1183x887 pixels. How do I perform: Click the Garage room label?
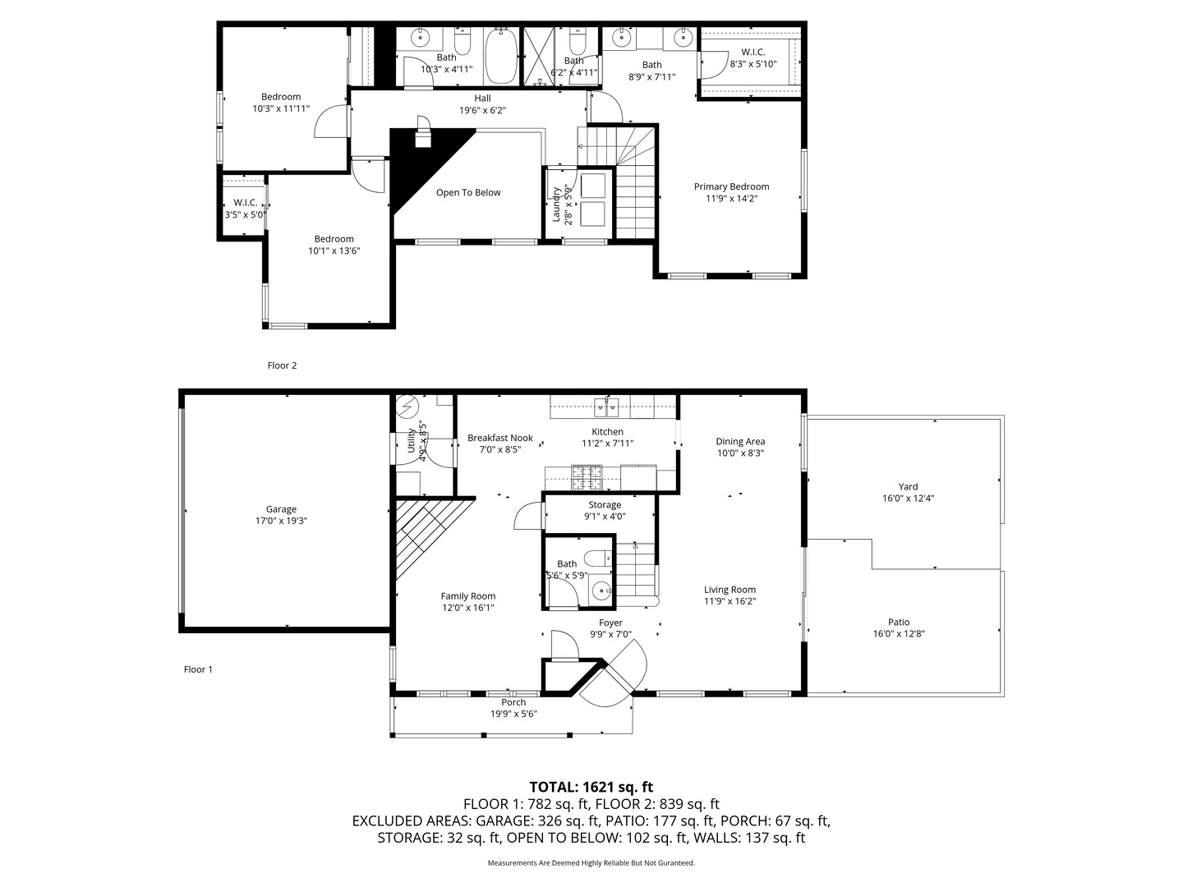281,509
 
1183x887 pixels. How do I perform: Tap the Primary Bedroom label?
731,186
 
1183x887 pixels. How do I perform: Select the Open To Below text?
468,193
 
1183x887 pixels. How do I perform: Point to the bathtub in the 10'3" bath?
501,56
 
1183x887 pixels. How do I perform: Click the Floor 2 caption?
282,365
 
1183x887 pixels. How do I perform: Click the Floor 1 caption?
198,669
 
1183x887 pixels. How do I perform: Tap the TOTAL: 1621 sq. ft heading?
591,787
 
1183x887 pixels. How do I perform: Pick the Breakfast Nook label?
500,438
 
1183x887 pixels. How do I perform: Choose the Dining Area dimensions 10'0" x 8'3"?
740,453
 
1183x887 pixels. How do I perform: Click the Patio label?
899,622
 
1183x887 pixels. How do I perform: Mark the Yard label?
908,486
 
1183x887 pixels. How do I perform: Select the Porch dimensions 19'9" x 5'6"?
513,715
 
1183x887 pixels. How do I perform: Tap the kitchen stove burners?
587,478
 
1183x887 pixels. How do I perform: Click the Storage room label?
605,504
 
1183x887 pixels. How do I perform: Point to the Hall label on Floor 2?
482,98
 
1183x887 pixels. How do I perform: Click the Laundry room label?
556,205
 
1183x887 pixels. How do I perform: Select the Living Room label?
730,590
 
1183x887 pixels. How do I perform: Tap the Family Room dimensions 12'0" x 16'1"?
467,608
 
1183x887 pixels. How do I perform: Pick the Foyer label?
610,623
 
